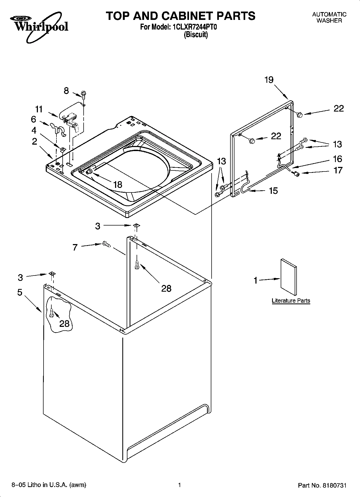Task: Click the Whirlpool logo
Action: tap(39, 26)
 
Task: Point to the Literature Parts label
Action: tap(291, 301)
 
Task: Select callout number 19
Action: tap(269, 80)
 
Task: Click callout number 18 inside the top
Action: tap(118, 185)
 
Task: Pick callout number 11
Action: tap(39, 109)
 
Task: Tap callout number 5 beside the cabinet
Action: tap(20, 292)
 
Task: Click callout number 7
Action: tap(75, 247)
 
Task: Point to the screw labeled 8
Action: tap(83, 94)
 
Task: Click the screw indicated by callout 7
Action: tap(106, 244)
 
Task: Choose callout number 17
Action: tap(338, 170)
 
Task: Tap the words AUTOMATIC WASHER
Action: tap(329, 17)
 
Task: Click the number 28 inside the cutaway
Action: tap(65, 323)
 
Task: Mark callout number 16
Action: tap(337, 159)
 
